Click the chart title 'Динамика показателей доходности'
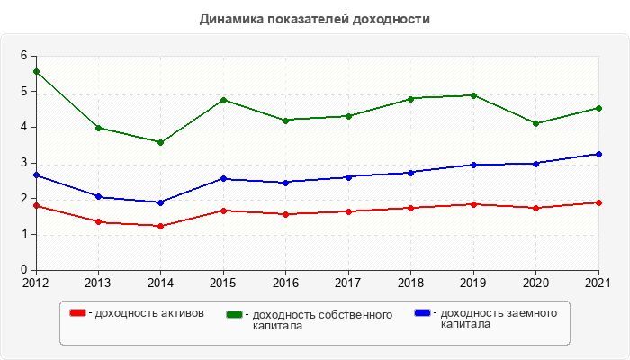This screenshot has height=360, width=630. tap(314, 19)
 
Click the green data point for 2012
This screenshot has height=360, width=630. tap(36, 71)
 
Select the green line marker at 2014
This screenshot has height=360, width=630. tap(160, 142)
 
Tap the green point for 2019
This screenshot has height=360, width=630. tap(473, 95)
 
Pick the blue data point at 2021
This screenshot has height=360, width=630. tap(598, 154)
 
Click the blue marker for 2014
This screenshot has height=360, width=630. tap(160, 202)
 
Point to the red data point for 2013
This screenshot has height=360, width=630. tap(98, 221)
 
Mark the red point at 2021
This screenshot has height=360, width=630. tap(598, 202)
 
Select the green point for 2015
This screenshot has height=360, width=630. tap(223, 100)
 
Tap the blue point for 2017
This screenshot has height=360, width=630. tap(348, 176)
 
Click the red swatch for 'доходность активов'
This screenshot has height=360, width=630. tap(77, 313)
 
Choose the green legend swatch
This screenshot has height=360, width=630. tap(234, 314)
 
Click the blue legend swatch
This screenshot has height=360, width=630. tap(421, 313)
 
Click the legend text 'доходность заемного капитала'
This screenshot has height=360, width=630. tap(495, 319)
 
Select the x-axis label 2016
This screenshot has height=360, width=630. tap(285, 282)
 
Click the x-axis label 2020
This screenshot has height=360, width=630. tap(535, 282)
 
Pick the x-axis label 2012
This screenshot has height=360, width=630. tap(36, 282)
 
